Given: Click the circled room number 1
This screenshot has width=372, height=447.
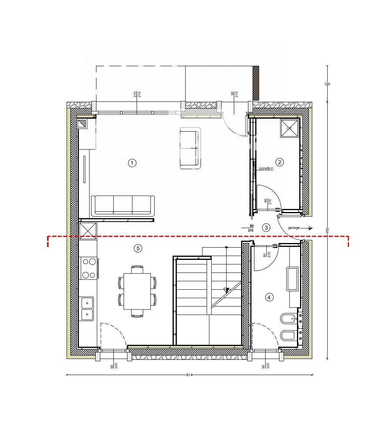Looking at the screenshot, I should (x=132, y=163).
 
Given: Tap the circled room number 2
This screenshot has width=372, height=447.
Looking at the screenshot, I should (x=280, y=162).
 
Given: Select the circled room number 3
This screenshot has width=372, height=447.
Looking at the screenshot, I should (x=266, y=227).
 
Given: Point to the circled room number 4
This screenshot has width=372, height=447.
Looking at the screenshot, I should (x=269, y=297).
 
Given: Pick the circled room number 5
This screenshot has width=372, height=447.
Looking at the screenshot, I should (x=138, y=248).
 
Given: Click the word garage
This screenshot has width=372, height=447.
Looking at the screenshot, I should (x=294, y=228).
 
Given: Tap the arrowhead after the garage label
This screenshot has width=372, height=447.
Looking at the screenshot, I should (x=310, y=228).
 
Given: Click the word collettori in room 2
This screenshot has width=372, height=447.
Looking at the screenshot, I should (x=266, y=168).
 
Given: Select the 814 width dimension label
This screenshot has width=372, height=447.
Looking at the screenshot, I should (x=189, y=375).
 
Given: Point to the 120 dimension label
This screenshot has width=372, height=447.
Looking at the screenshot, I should (x=327, y=84).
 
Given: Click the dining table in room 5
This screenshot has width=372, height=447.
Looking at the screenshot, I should (x=137, y=291).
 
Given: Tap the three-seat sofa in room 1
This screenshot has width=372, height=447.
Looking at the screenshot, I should (x=122, y=205).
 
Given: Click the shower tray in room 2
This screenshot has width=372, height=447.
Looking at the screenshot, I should (x=289, y=128).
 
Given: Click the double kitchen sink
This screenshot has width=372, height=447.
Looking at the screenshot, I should (x=87, y=308).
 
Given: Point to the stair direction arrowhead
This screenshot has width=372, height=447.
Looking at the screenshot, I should (x=226, y=290).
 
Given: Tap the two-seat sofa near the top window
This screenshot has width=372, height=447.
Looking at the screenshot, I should (x=190, y=148).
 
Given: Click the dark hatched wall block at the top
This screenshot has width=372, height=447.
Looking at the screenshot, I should (x=256, y=83).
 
